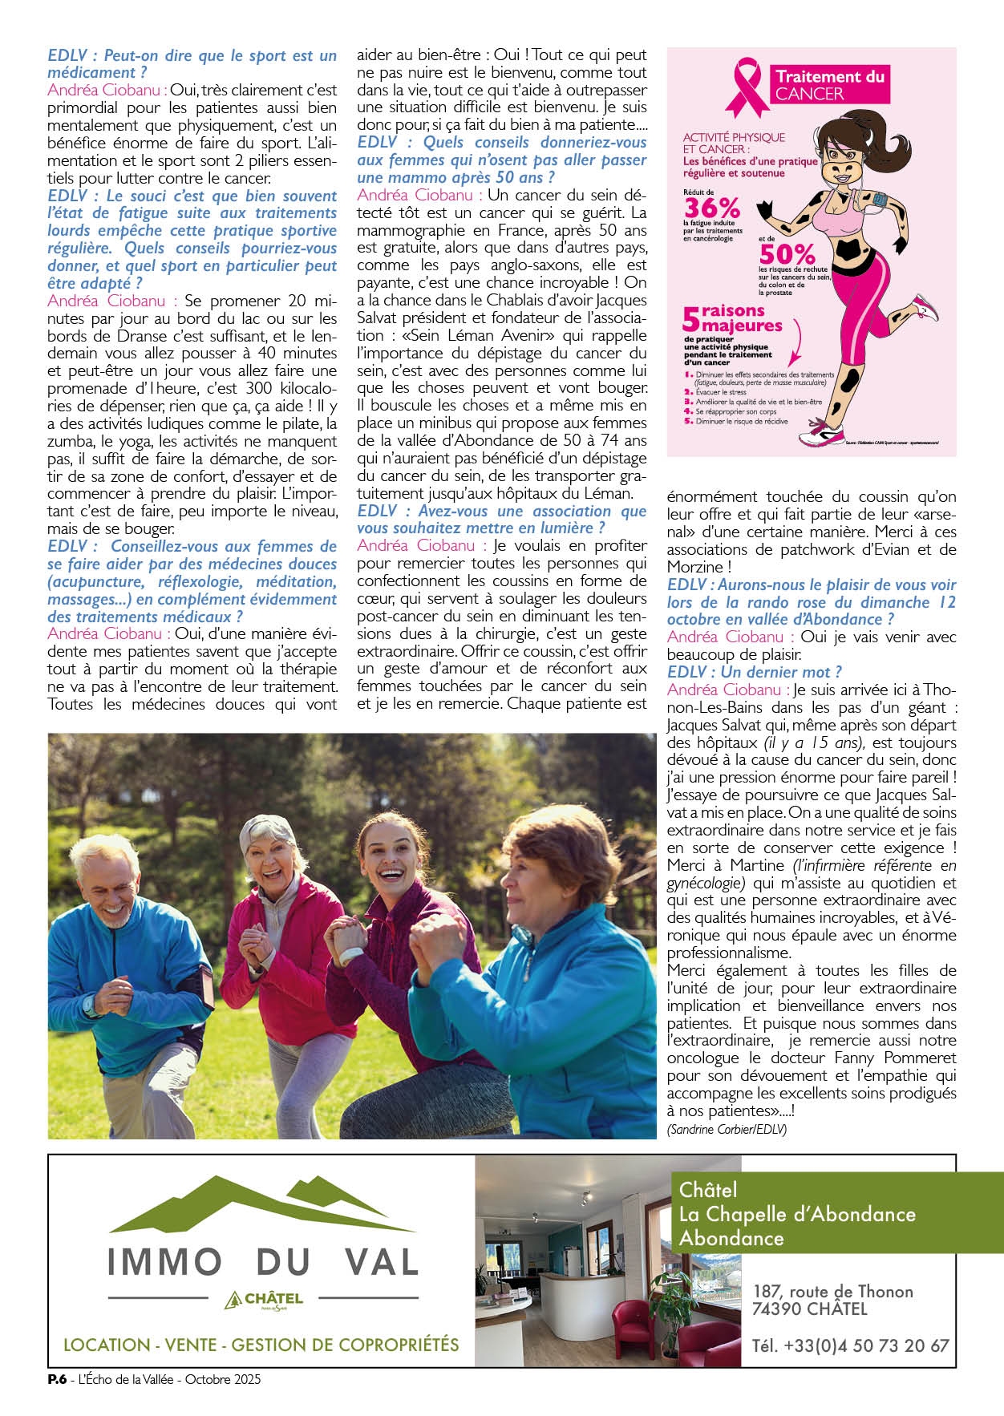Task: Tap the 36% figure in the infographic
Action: pyautogui.click(x=711, y=208)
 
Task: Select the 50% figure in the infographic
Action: pyautogui.click(x=787, y=254)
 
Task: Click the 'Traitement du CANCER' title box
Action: pyautogui.click(x=829, y=85)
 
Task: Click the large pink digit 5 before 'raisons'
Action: pyautogui.click(x=690, y=320)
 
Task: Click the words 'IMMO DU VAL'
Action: pyautogui.click(x=263, y=1262)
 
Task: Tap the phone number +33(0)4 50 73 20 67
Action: pyautogui.click(x=850, y=1345)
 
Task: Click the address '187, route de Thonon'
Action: pyautogui.click(x=832, y=1291)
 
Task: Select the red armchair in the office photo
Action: pyautogui.click(x=634, y=1323)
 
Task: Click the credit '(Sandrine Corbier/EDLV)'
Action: pyautogui.click(x=727, y=1129)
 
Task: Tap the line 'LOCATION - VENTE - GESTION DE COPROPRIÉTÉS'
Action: pyautogui.click(x=261, y=1345)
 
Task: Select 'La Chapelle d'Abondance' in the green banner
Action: pyautogui.click(x=797, y=1214)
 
